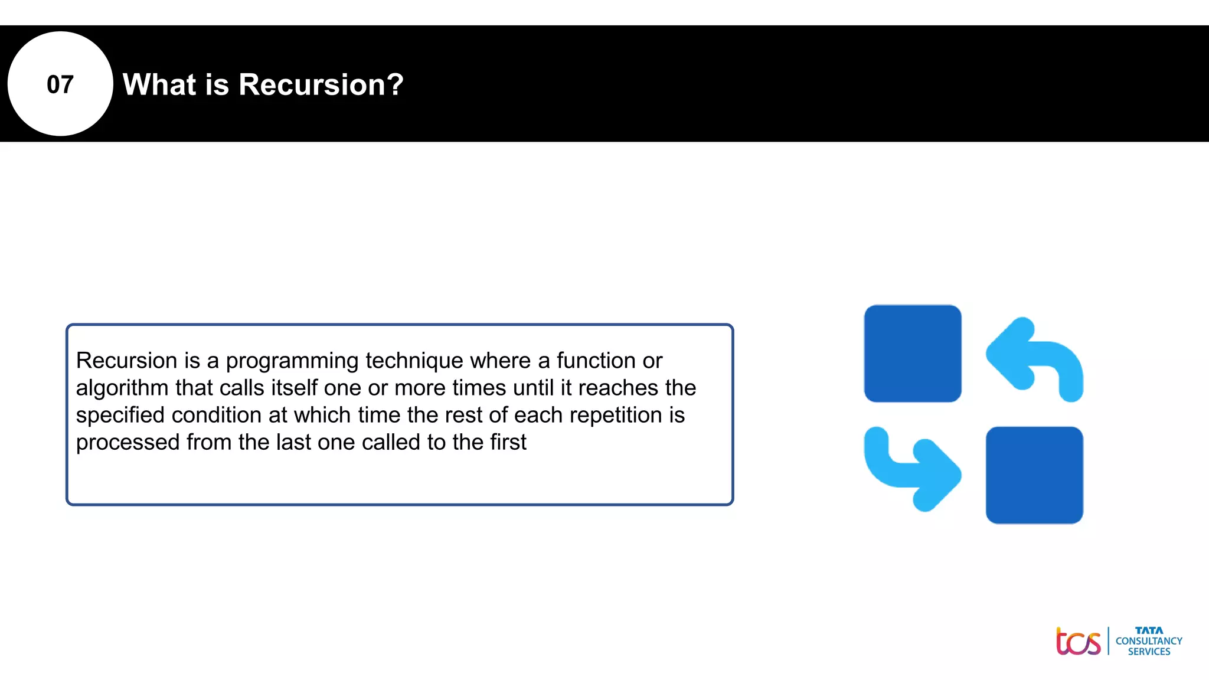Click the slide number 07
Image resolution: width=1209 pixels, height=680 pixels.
click(x=60, y=84)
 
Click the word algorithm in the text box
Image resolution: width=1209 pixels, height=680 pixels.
click(x=122, y=388)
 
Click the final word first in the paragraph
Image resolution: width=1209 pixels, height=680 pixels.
click(x=505, y=442)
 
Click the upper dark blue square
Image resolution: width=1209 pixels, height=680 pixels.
click(x=912, y=354)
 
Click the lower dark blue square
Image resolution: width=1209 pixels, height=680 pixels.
click(x=1034, y=475)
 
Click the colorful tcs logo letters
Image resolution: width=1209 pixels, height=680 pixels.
click(x=1078, y=642)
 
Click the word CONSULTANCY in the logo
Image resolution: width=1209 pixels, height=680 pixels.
click(x=1148, y=641)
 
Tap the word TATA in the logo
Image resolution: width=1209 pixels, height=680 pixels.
click(x=1148, y=630)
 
